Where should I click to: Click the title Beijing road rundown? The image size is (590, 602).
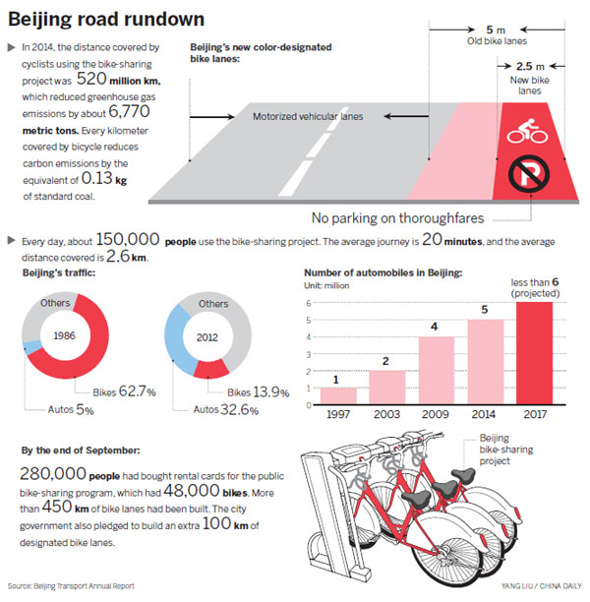click(x=106, y=19)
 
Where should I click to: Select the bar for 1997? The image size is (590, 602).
click(x=337, y=395)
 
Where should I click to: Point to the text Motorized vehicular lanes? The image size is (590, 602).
click(x=309, y=116)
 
